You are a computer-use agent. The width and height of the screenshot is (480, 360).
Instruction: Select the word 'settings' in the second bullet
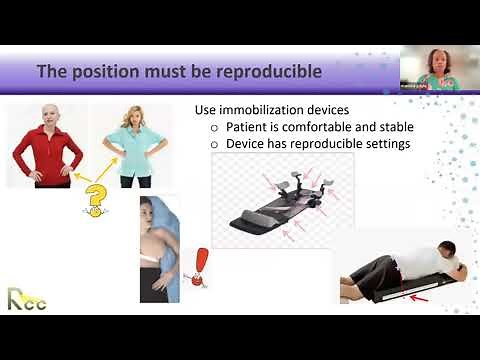pos(383,144)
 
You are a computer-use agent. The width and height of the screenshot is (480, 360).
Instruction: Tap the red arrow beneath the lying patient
pos(402,297)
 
